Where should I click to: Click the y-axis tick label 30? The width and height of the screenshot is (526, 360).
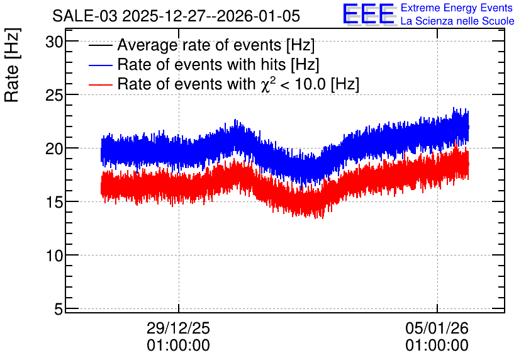tap(54, 42)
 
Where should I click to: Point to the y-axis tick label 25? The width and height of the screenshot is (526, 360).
tap(54, 96)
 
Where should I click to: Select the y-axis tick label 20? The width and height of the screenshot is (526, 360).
tap(54, 149)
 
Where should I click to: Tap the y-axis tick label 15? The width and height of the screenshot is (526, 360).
tap(54, 202)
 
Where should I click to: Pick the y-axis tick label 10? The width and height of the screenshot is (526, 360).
tap(54, 256)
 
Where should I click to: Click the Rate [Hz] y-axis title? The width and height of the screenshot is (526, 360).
tap(12, 65)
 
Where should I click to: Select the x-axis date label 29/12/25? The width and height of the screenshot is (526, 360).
tap(178, 328)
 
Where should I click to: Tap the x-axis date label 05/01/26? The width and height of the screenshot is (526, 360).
tap(437, 328)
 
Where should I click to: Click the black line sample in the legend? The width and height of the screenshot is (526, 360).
tap(100, 45)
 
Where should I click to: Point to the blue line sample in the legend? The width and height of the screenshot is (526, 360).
tap(100, 65)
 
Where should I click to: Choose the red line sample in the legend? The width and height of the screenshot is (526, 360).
tap(100, 84)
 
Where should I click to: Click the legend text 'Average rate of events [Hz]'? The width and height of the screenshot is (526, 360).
tap(216, 45)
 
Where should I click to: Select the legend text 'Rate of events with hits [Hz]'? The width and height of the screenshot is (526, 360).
tap(218, 65)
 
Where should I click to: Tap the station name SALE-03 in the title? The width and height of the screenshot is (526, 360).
tap(85, 16)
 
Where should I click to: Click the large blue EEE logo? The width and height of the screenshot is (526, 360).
tap(369, 14)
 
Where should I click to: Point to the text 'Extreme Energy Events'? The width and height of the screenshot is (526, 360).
tap(457, 8)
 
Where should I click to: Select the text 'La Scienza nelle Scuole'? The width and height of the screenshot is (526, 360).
tap(457, 21)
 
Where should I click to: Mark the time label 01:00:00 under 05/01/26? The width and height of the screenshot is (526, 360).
tap(437, 346)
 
